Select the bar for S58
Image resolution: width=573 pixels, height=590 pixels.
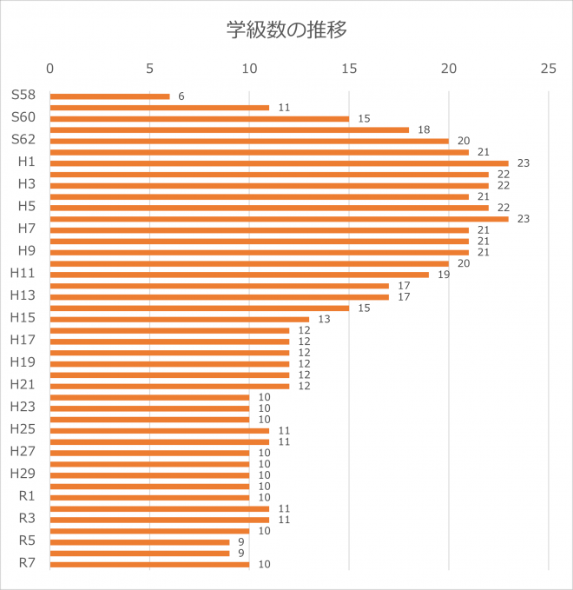pos(109,96)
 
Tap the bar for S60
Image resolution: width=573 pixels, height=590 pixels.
pos(199,118)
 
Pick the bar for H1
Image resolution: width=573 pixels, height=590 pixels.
pos(279,162)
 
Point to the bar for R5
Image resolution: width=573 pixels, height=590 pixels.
pos(140,542)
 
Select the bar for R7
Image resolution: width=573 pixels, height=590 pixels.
pos(149,564)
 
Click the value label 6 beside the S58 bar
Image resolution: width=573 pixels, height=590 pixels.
pos(181,96)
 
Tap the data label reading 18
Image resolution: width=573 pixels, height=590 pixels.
pos(424,129)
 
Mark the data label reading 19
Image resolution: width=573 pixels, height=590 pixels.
pos(444,275)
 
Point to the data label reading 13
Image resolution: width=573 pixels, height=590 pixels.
pos(324,319)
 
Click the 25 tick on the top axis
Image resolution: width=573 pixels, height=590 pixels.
pos(548,68)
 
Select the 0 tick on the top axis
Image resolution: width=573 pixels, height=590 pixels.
pos(50,68)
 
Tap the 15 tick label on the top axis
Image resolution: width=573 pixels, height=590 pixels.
pos(349,68)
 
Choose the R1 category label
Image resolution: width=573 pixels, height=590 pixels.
pos(26,495)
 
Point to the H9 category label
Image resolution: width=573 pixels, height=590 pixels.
pos(26,250)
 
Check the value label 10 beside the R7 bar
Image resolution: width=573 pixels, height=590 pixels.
pos(264,564)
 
